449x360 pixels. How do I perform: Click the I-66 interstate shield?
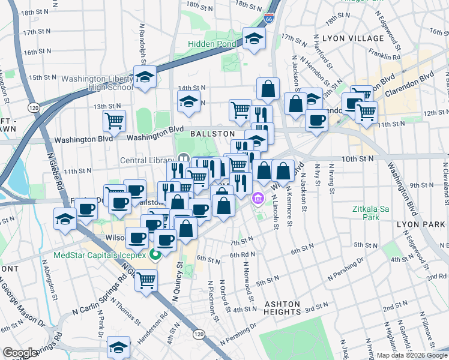point(270,20)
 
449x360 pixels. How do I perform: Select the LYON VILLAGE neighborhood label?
point(352,38)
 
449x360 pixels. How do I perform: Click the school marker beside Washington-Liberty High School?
point(145,77)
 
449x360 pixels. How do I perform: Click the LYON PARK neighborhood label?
point(419,223)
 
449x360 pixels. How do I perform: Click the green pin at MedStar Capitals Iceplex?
point(155,256)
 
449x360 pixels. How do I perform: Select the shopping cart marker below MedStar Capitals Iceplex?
point(146,280)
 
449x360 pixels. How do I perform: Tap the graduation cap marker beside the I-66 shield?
point(255,40)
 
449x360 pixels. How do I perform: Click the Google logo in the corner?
point(20,353)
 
